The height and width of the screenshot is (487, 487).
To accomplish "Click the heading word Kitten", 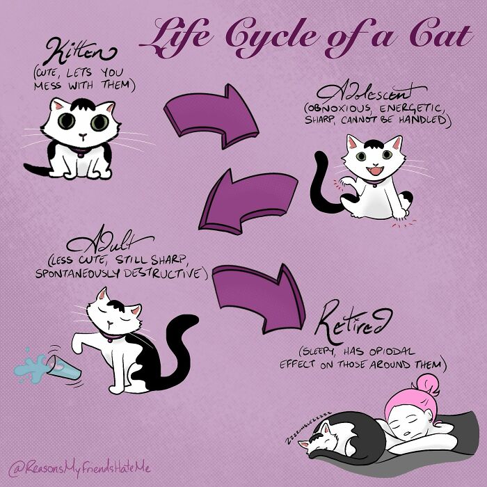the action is [80, 51].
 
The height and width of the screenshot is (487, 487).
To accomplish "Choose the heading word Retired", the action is [353, 321].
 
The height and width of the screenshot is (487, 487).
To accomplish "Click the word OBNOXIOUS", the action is [340, 109].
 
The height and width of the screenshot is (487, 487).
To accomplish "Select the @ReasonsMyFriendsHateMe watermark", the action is [80, 468].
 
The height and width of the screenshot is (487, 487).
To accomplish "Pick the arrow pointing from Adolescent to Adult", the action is [247, 201].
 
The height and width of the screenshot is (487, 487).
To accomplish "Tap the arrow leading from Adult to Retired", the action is [260, 298].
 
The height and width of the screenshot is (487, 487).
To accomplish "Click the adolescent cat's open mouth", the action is [375, 170].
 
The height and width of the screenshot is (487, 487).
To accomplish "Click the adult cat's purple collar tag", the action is [110, 340].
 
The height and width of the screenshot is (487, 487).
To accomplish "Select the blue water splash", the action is [31, 367].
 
